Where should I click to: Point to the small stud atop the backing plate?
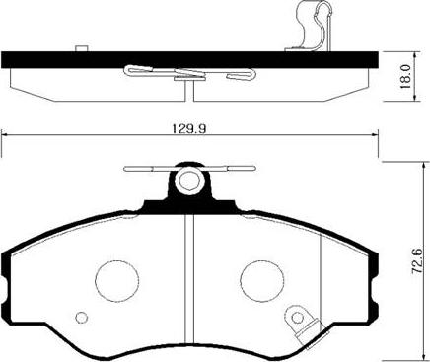point(78,46)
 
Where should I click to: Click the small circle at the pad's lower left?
point(82,317)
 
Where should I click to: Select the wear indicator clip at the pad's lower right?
point(297,322)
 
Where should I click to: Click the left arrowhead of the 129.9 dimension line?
point(5,137)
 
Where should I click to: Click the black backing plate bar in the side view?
point(187,58)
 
